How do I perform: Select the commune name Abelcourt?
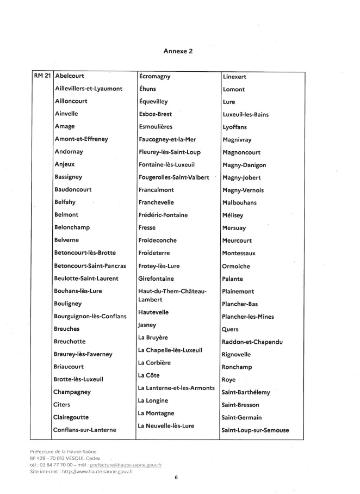pos(70,76)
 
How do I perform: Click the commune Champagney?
pos(72,392)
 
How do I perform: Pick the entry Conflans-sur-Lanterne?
pos(85,430)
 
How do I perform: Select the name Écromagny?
pos(155,77)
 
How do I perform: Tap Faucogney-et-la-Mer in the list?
pos(170,139)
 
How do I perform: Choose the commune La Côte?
pos(150,375)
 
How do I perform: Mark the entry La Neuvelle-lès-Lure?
pos(166,426)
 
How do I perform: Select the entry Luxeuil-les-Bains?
pos(246,114)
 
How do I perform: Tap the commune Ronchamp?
pos(237,367)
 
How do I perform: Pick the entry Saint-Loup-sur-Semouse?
pos(255,430)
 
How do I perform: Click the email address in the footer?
pos(126,466)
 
